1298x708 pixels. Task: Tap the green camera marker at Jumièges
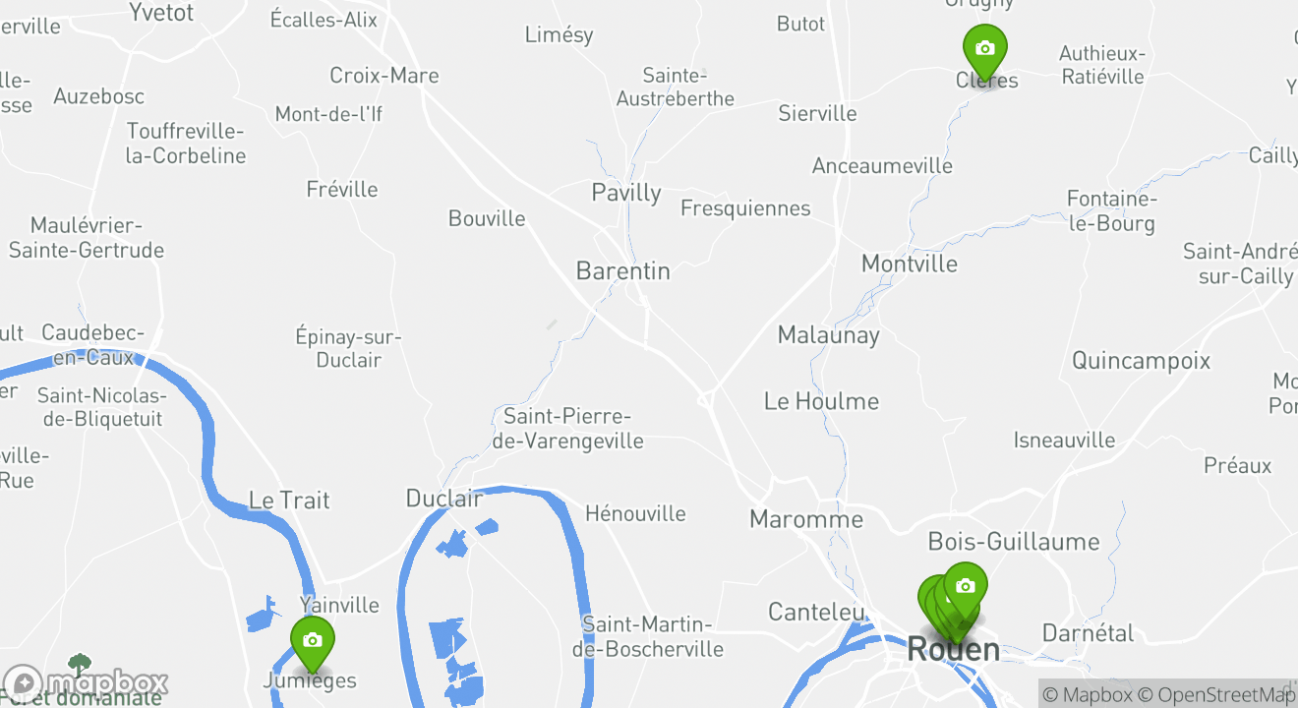313,641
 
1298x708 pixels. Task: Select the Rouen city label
953,649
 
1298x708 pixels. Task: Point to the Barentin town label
623,270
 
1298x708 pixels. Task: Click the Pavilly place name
626,192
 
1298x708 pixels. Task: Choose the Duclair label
444,499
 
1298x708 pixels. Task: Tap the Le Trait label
289,500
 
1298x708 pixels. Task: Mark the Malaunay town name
828,334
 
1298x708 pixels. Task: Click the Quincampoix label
1141,360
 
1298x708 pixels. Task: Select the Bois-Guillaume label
1014,541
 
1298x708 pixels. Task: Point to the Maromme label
806,519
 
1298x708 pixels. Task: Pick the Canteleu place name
815,612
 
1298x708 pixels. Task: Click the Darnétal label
1088,632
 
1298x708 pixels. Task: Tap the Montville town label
909,264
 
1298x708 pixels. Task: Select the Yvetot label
161,13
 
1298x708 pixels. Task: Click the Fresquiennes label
745,207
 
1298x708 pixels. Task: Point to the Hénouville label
635,513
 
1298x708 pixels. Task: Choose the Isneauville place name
1064,440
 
